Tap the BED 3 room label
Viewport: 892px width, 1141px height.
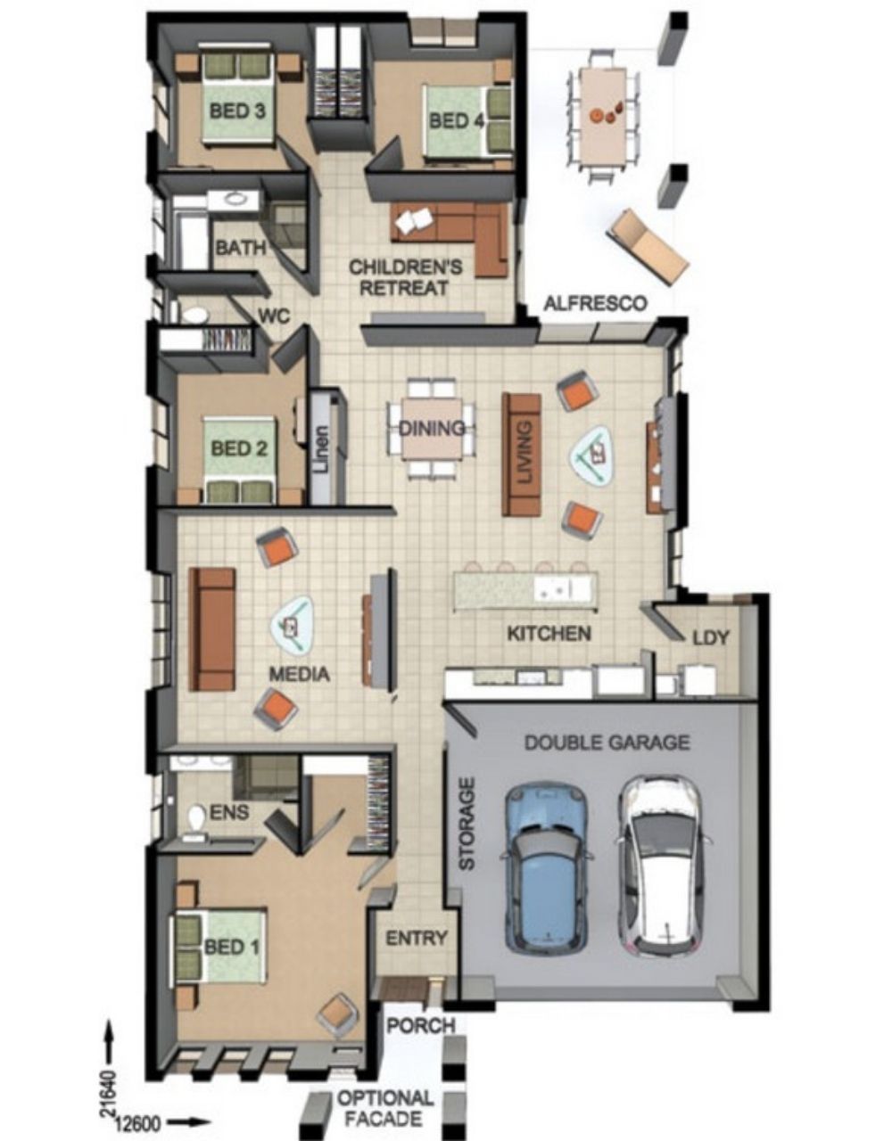click(237, 111)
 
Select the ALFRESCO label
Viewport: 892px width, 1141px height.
click(595, 303)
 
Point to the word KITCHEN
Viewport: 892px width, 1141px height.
click(549, 633)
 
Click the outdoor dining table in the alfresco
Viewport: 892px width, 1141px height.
click(604, 116)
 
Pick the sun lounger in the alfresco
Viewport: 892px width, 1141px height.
click(648, 247)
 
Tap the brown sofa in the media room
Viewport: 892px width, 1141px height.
click(212, 629)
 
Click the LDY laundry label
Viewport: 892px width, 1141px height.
click(711, 638)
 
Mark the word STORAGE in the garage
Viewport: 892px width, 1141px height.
click(467, 824)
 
